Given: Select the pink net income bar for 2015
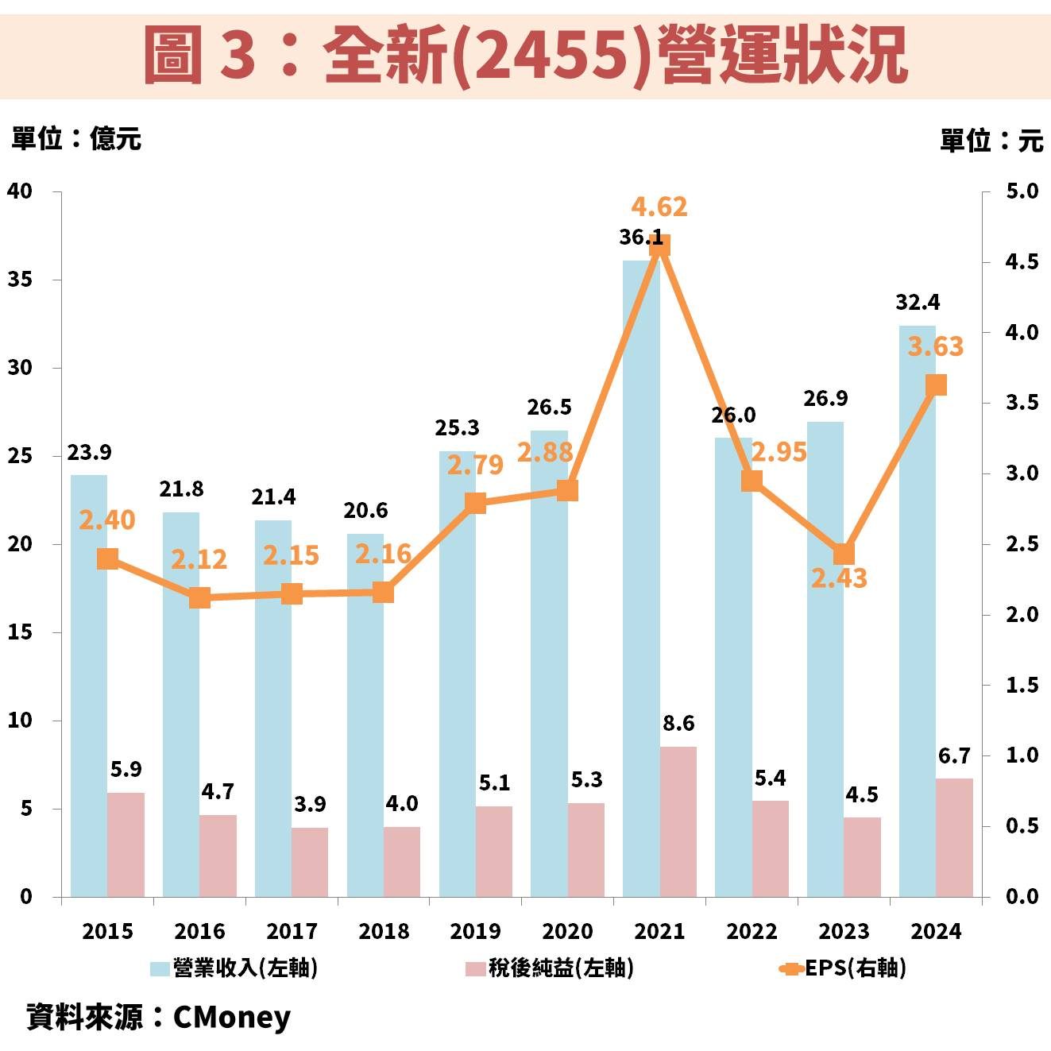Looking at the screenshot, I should (x=126, y=844).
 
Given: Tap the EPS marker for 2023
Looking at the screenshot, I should (x=844, y=554).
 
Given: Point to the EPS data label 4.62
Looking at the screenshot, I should (x=659, y=207).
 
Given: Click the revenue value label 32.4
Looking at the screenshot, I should (x=918, y=303).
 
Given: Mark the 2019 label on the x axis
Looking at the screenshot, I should (x=475, y=931).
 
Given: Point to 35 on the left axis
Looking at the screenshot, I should (x=20, y=280).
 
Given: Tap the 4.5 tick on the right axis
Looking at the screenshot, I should (x=1022, y=262).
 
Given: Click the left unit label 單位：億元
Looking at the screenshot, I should (x=76, y=139).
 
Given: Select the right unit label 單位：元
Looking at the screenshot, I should (x=991, y=141).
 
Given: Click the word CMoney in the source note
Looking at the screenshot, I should (x=231, y=1017).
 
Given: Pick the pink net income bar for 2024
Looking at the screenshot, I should (x=954, y=837).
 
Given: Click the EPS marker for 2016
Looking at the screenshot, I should (x=199, y=598).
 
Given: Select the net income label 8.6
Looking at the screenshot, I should (x=678, y=724).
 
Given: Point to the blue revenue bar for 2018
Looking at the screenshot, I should (x=365, y=715).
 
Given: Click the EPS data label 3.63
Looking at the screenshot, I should (x=935, y=347).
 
